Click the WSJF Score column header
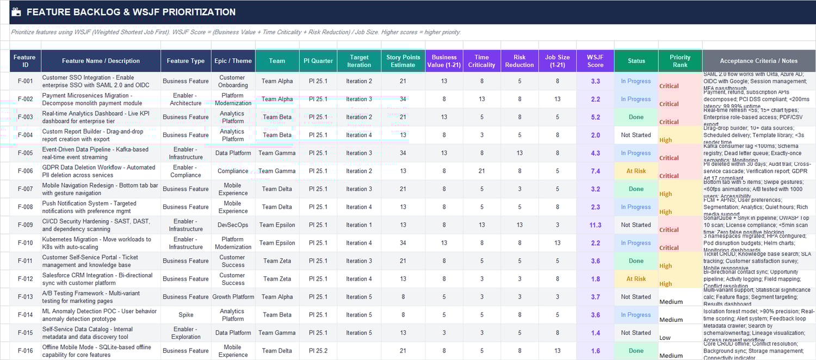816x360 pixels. pyautogui.click(x=595, y=61)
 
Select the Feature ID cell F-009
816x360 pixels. pyautogui.click(x=25, y=225)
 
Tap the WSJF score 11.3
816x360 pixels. pyautogui.click(x=595, y=225)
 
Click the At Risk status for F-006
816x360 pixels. pyautogui.click(x=636, y=171)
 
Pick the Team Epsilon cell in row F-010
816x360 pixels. pyautogui.click(x=277, y=243)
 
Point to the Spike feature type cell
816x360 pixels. pyautogui.click(x=186, y=315)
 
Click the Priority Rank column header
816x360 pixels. pyautogui.click(x=679, y=61)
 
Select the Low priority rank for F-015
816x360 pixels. pyautogui.click(x=665, y=337)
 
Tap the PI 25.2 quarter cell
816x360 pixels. pyautogui.click(x=318, y=351)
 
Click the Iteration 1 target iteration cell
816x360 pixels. pyautogui.click(x=359, y=225)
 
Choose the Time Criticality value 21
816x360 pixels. pyautogui.click(x=481, y=171)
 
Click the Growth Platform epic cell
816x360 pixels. pyautogui.click(x=233, y=297)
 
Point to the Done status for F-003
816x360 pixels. pyautogui.click(x=636, y=117)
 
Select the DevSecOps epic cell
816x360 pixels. pyautogui.click(x=233, y=225)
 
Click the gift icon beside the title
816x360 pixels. pyautogui.click(x=16, y=12)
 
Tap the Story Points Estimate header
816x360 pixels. pyautogui.click(x=403, y=61)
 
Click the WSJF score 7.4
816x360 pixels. pyautogui.click(x=595, y=171)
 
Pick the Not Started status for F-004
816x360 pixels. pyautogui.click(x=636, y=135)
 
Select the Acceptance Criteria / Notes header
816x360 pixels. pyautogui.click(x=758, y=61)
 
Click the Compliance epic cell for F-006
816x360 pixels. pyautogui.click(x=233, y=171)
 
